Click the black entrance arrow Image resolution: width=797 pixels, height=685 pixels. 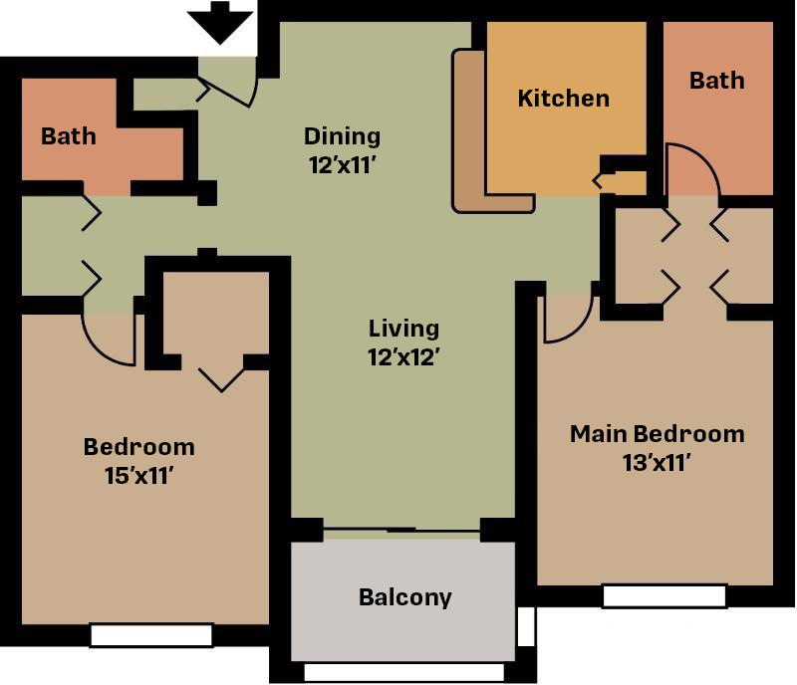point(220,22)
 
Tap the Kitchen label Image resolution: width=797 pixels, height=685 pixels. point(563,99)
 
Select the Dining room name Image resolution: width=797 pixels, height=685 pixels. point(342,136)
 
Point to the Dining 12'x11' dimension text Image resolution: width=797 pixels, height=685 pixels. point(343,165)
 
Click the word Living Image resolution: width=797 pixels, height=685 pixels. point(403,329)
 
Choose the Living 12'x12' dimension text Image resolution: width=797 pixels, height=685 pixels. point(403,357)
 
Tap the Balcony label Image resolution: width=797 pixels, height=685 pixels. point(405,597)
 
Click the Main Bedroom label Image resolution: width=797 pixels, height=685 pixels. point(658,434)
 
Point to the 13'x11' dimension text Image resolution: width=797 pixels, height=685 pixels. point(657,463)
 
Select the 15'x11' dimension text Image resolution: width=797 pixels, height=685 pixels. point(139,476)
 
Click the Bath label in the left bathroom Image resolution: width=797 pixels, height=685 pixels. point(68,136)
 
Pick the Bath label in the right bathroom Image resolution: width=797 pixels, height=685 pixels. point(716,81)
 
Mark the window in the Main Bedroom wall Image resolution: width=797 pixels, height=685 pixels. point(664,596)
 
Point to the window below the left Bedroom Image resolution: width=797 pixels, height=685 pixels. point(151,635)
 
